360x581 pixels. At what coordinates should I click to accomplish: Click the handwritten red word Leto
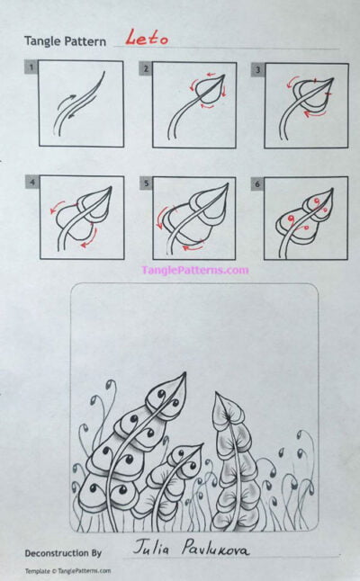click(x=146, y=38)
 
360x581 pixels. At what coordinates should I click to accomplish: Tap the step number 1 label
click(x=31, y=67)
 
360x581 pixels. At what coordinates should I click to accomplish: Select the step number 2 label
click(x=145, y=68)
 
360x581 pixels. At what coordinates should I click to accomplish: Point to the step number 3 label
click(x=257, y=68)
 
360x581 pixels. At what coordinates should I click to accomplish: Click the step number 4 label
click(x=32, y=183)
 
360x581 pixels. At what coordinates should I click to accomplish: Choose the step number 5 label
click(x=145, y=183)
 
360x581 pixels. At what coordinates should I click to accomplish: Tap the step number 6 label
click(x=257, y=183)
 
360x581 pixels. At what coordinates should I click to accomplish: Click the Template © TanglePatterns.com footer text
click(x=68, y=571)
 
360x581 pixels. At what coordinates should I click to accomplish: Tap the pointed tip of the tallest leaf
click(x=184, y=375)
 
